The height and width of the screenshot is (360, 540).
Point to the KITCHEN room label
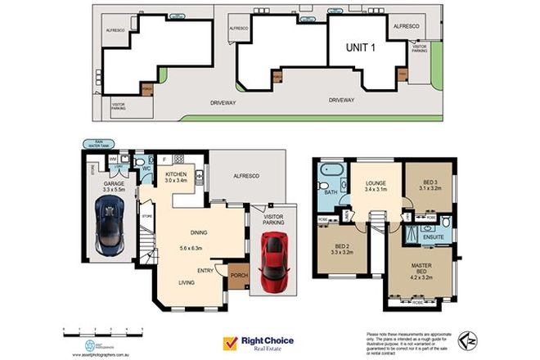(177, 175)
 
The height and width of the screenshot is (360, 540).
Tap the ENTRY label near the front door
(206, 271)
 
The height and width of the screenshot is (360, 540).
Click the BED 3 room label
(432, 184)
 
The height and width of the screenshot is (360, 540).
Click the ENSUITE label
(433, 236)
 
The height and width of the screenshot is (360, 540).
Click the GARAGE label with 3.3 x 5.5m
(113, 187)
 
